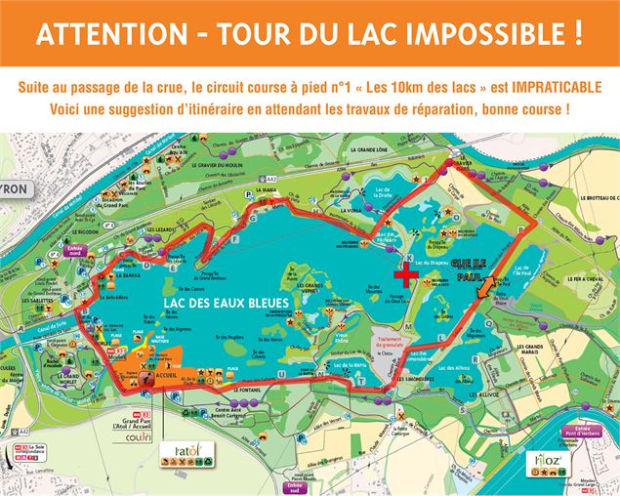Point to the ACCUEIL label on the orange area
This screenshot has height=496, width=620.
[163, 374]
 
